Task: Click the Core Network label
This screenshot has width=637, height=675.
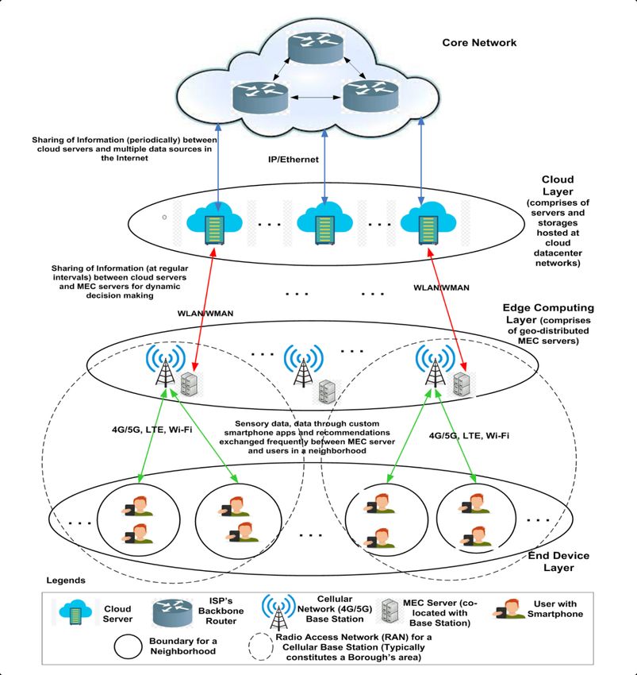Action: pyautogui.click(x=479, y=43)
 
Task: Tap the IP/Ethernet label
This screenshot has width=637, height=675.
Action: pyautogui.click(x=294, y=160)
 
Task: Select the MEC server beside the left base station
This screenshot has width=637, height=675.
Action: pyautogui.click(x=190, y=384)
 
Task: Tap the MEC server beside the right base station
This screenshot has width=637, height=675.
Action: pyautogui.click(x=462, y=384)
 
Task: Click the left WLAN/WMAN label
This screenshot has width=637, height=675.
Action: pyautogui.click(x=205, y=314)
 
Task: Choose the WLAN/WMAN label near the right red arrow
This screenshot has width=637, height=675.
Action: pyautogui.click(x=441, y=287)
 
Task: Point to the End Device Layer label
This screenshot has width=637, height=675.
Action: pyautogui.click(x=558, y=561)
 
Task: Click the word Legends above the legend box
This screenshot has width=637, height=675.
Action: pyautogui.click(x=66, y=580)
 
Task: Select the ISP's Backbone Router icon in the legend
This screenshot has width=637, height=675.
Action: pyautogui.click(x=172, y=612)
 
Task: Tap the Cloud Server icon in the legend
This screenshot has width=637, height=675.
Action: pyautogui.click(x=75, y=611)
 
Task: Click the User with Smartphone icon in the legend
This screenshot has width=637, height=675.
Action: pyautogui.click(x=509, y=609)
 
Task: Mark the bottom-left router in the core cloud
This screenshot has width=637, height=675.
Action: pyautogui.click(x=260, y=97)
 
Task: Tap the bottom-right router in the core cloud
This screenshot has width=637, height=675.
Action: pyautogui.click(x=370, y=95)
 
